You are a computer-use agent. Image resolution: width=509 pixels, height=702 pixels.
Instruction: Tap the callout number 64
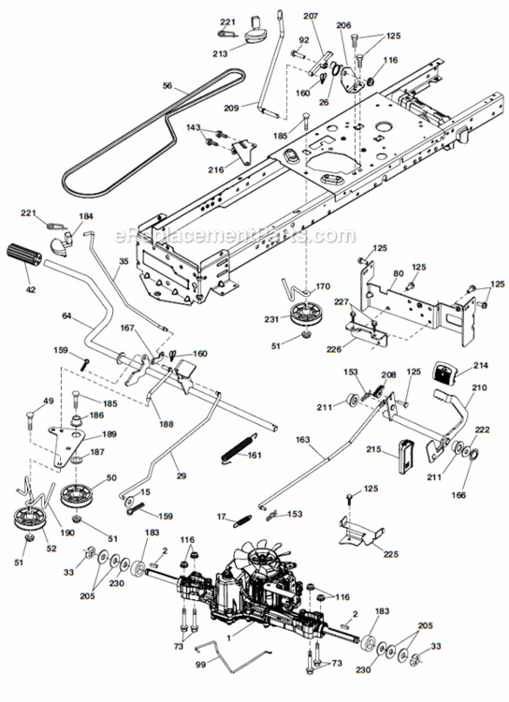click(65, 317)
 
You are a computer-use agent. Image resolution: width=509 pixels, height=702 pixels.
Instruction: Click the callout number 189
click(109, 435)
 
